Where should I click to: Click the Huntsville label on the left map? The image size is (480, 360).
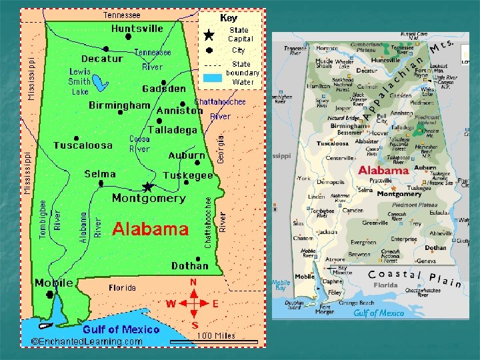point(137,29)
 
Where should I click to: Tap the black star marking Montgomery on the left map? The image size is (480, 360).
point(148,187)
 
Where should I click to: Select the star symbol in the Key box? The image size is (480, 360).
point(209,35)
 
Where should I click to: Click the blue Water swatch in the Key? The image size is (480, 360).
point(212,77)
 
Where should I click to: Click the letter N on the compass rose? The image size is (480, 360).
point(193,283)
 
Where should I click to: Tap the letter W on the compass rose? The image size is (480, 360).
point(171,304)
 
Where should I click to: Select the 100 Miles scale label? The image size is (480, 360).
point(215,335)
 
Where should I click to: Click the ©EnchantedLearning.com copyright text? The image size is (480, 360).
point(87,341)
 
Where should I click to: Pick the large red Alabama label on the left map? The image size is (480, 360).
point(150,229)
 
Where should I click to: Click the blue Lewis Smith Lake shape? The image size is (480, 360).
point(101,83)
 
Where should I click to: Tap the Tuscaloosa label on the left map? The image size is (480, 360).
point(83,145)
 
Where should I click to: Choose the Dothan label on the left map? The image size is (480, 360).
point(189,265)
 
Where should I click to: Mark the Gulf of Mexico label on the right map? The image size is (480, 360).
point(379,313)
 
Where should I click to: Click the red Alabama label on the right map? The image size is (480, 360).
point(383,170)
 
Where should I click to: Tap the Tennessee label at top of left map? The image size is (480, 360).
point(121,14)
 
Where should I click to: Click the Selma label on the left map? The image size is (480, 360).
point(100,174)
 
